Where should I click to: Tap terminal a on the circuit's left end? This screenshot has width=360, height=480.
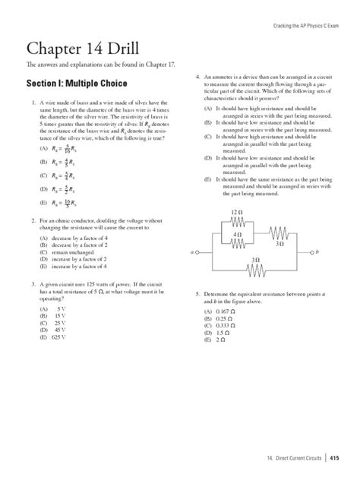193,250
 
